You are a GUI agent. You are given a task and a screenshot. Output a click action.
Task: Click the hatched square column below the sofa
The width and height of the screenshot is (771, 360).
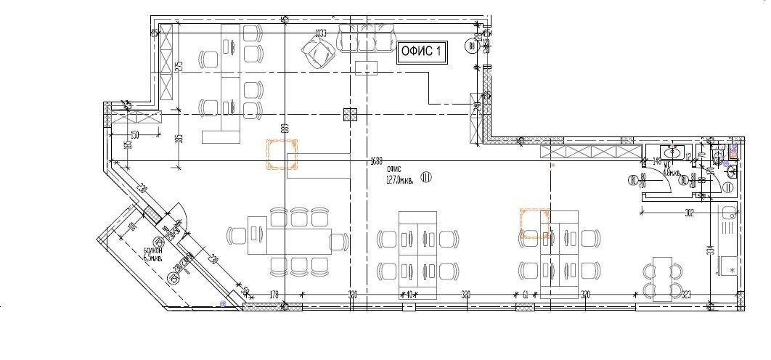tap(351, 113)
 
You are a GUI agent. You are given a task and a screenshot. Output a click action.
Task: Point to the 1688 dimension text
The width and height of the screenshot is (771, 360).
tap(376, 160)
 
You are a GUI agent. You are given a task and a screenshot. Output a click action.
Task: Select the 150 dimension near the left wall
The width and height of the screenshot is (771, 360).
tap(134, 135)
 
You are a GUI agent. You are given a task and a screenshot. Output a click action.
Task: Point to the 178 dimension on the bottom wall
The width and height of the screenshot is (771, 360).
tap(254, 295)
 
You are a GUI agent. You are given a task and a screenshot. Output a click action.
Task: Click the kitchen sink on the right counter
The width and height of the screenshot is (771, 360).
tap(729, 214)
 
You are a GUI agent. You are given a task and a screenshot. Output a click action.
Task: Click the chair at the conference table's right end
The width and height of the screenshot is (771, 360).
tap(338, 240)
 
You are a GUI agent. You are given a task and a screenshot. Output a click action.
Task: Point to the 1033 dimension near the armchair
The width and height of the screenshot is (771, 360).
tap(320, 33)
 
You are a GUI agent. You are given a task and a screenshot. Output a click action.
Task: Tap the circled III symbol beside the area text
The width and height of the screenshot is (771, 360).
tap(425, 177)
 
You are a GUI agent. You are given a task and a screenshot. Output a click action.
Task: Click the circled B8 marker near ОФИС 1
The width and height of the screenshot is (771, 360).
tap(472, 48)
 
